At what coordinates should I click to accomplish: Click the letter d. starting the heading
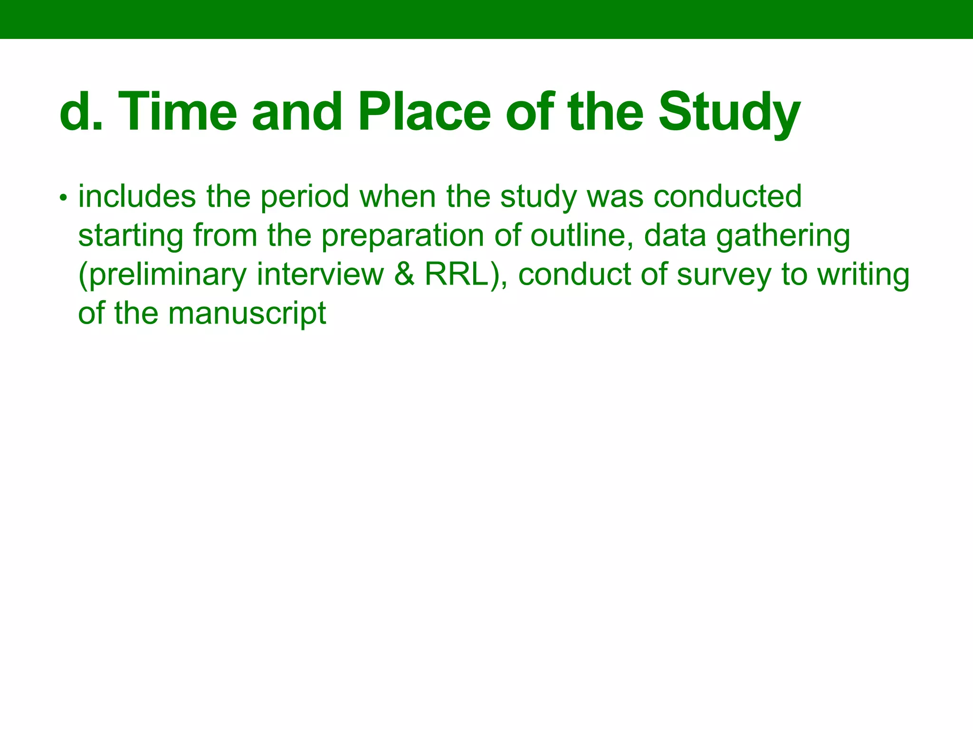click(x=81, y=112)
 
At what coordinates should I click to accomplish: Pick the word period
click(x=305, y=197)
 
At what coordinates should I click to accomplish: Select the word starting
click(x=131, y=236)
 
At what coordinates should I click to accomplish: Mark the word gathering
click(x=783, y=236)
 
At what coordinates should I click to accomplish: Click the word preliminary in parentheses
click(x=163, y=275)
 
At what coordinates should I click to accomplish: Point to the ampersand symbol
click(x=404, y=274)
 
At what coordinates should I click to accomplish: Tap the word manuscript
click(x=247, y=314)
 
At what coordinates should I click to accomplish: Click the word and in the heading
click(x=297, y=112)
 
